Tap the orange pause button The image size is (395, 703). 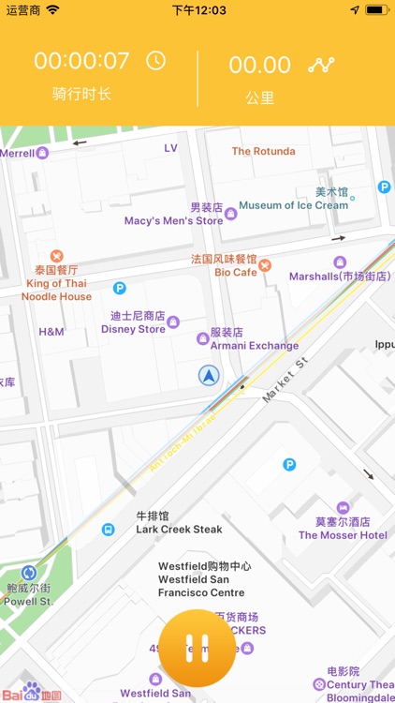click(x=197, y=649)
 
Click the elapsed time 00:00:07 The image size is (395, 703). click(x=82, y=62)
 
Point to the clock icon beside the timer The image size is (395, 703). click(x=155, y=62)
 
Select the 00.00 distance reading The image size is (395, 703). click(x=260, y=65)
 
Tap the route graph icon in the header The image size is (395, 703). click(x=322, y=65)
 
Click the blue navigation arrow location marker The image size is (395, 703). click(x=208, y=376)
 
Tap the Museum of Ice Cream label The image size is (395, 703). click(x=293, y=205)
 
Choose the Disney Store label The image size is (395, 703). click(x=133, y=329)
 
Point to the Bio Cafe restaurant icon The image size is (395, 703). click(x=265, y=265)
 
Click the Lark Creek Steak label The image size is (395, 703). click(x=179, y=529)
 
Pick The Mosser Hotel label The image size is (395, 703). click(x=343, y=535)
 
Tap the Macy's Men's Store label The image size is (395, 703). click(x=174, y=220)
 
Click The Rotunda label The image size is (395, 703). click(x=263, y=151)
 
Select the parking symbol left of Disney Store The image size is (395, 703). click(x=120, y=288)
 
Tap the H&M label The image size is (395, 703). click(x=51, y=332)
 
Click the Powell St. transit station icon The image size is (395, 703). click(x=29, y=573)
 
